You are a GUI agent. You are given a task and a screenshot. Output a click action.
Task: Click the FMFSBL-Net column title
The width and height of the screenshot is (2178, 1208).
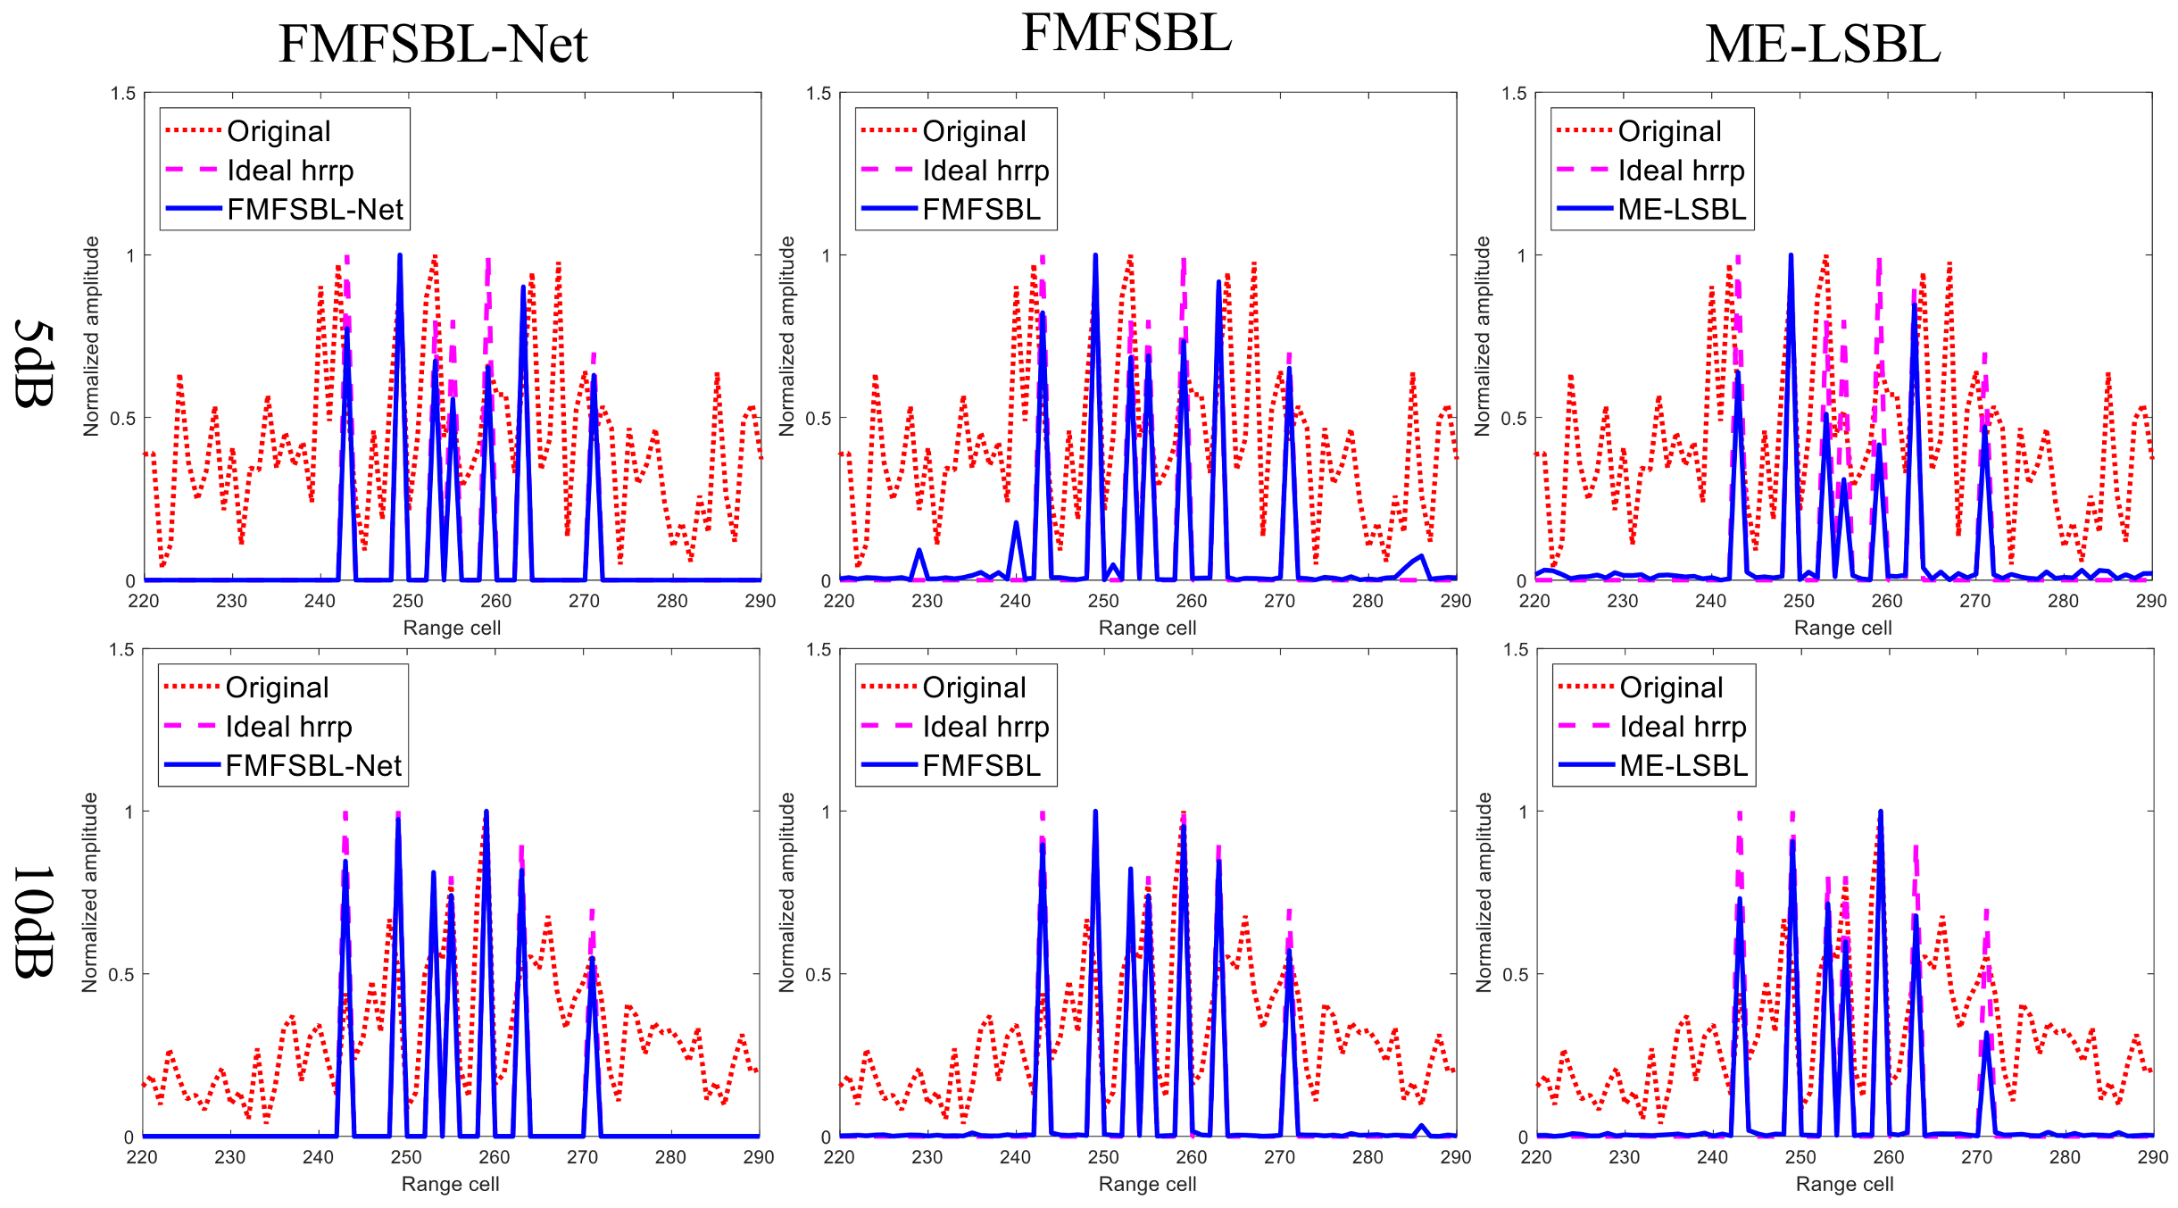click(x=433, y=45)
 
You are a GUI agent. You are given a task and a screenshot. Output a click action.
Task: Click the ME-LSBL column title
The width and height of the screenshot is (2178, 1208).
click(x=1823, y=45)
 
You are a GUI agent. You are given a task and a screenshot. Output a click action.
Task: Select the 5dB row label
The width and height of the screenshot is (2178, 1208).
click(x=34, y=363)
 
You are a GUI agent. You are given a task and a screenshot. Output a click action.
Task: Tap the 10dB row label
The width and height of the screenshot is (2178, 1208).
click(x=34, y=921)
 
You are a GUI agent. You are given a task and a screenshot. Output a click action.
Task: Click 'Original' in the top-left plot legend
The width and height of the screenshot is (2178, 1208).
click(x=278, y=132)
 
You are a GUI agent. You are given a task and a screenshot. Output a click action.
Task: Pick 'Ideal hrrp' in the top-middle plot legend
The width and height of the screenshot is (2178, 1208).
click(x=985, y=171)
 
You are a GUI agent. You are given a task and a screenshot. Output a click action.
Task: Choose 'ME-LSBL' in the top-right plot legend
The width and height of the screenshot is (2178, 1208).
click(x=1682, y=210)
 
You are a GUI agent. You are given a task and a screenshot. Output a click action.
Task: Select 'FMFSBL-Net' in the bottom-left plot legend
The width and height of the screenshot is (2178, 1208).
click(x=313, y=766)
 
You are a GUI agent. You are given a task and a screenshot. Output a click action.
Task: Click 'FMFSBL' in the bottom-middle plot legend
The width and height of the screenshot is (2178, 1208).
click(x=981, y=766)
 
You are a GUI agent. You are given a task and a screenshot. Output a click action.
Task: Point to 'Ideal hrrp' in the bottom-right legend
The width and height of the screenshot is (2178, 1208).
click(x=1683, y=727)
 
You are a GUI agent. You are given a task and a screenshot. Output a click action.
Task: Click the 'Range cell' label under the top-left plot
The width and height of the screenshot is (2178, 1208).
click(x=452, y=628)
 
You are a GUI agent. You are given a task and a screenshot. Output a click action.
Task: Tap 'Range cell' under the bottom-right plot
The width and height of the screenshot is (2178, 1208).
click(x=1844, y=1184)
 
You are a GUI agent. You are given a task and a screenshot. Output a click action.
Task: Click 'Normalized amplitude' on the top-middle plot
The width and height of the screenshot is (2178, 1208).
click(x=786, y=337)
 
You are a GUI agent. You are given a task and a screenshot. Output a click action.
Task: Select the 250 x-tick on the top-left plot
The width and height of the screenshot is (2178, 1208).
click(x=408, y=601)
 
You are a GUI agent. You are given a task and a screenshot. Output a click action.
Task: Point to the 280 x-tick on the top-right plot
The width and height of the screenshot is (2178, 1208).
click(x=2063, y=601)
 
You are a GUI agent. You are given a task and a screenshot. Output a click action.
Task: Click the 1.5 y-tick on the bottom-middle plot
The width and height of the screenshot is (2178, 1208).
click(x=818, y=650)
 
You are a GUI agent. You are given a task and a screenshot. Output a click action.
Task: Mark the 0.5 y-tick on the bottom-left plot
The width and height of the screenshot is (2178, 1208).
click(x=121, y=974)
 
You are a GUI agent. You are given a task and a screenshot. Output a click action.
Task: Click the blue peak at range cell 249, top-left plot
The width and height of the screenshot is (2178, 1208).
click(x=400, y=256)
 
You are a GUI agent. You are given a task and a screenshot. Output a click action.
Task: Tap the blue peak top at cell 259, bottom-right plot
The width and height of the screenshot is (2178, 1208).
click(x=1881, y=812)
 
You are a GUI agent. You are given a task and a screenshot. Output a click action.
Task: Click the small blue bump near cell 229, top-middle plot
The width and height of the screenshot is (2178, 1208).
click(x=919, y=551)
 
